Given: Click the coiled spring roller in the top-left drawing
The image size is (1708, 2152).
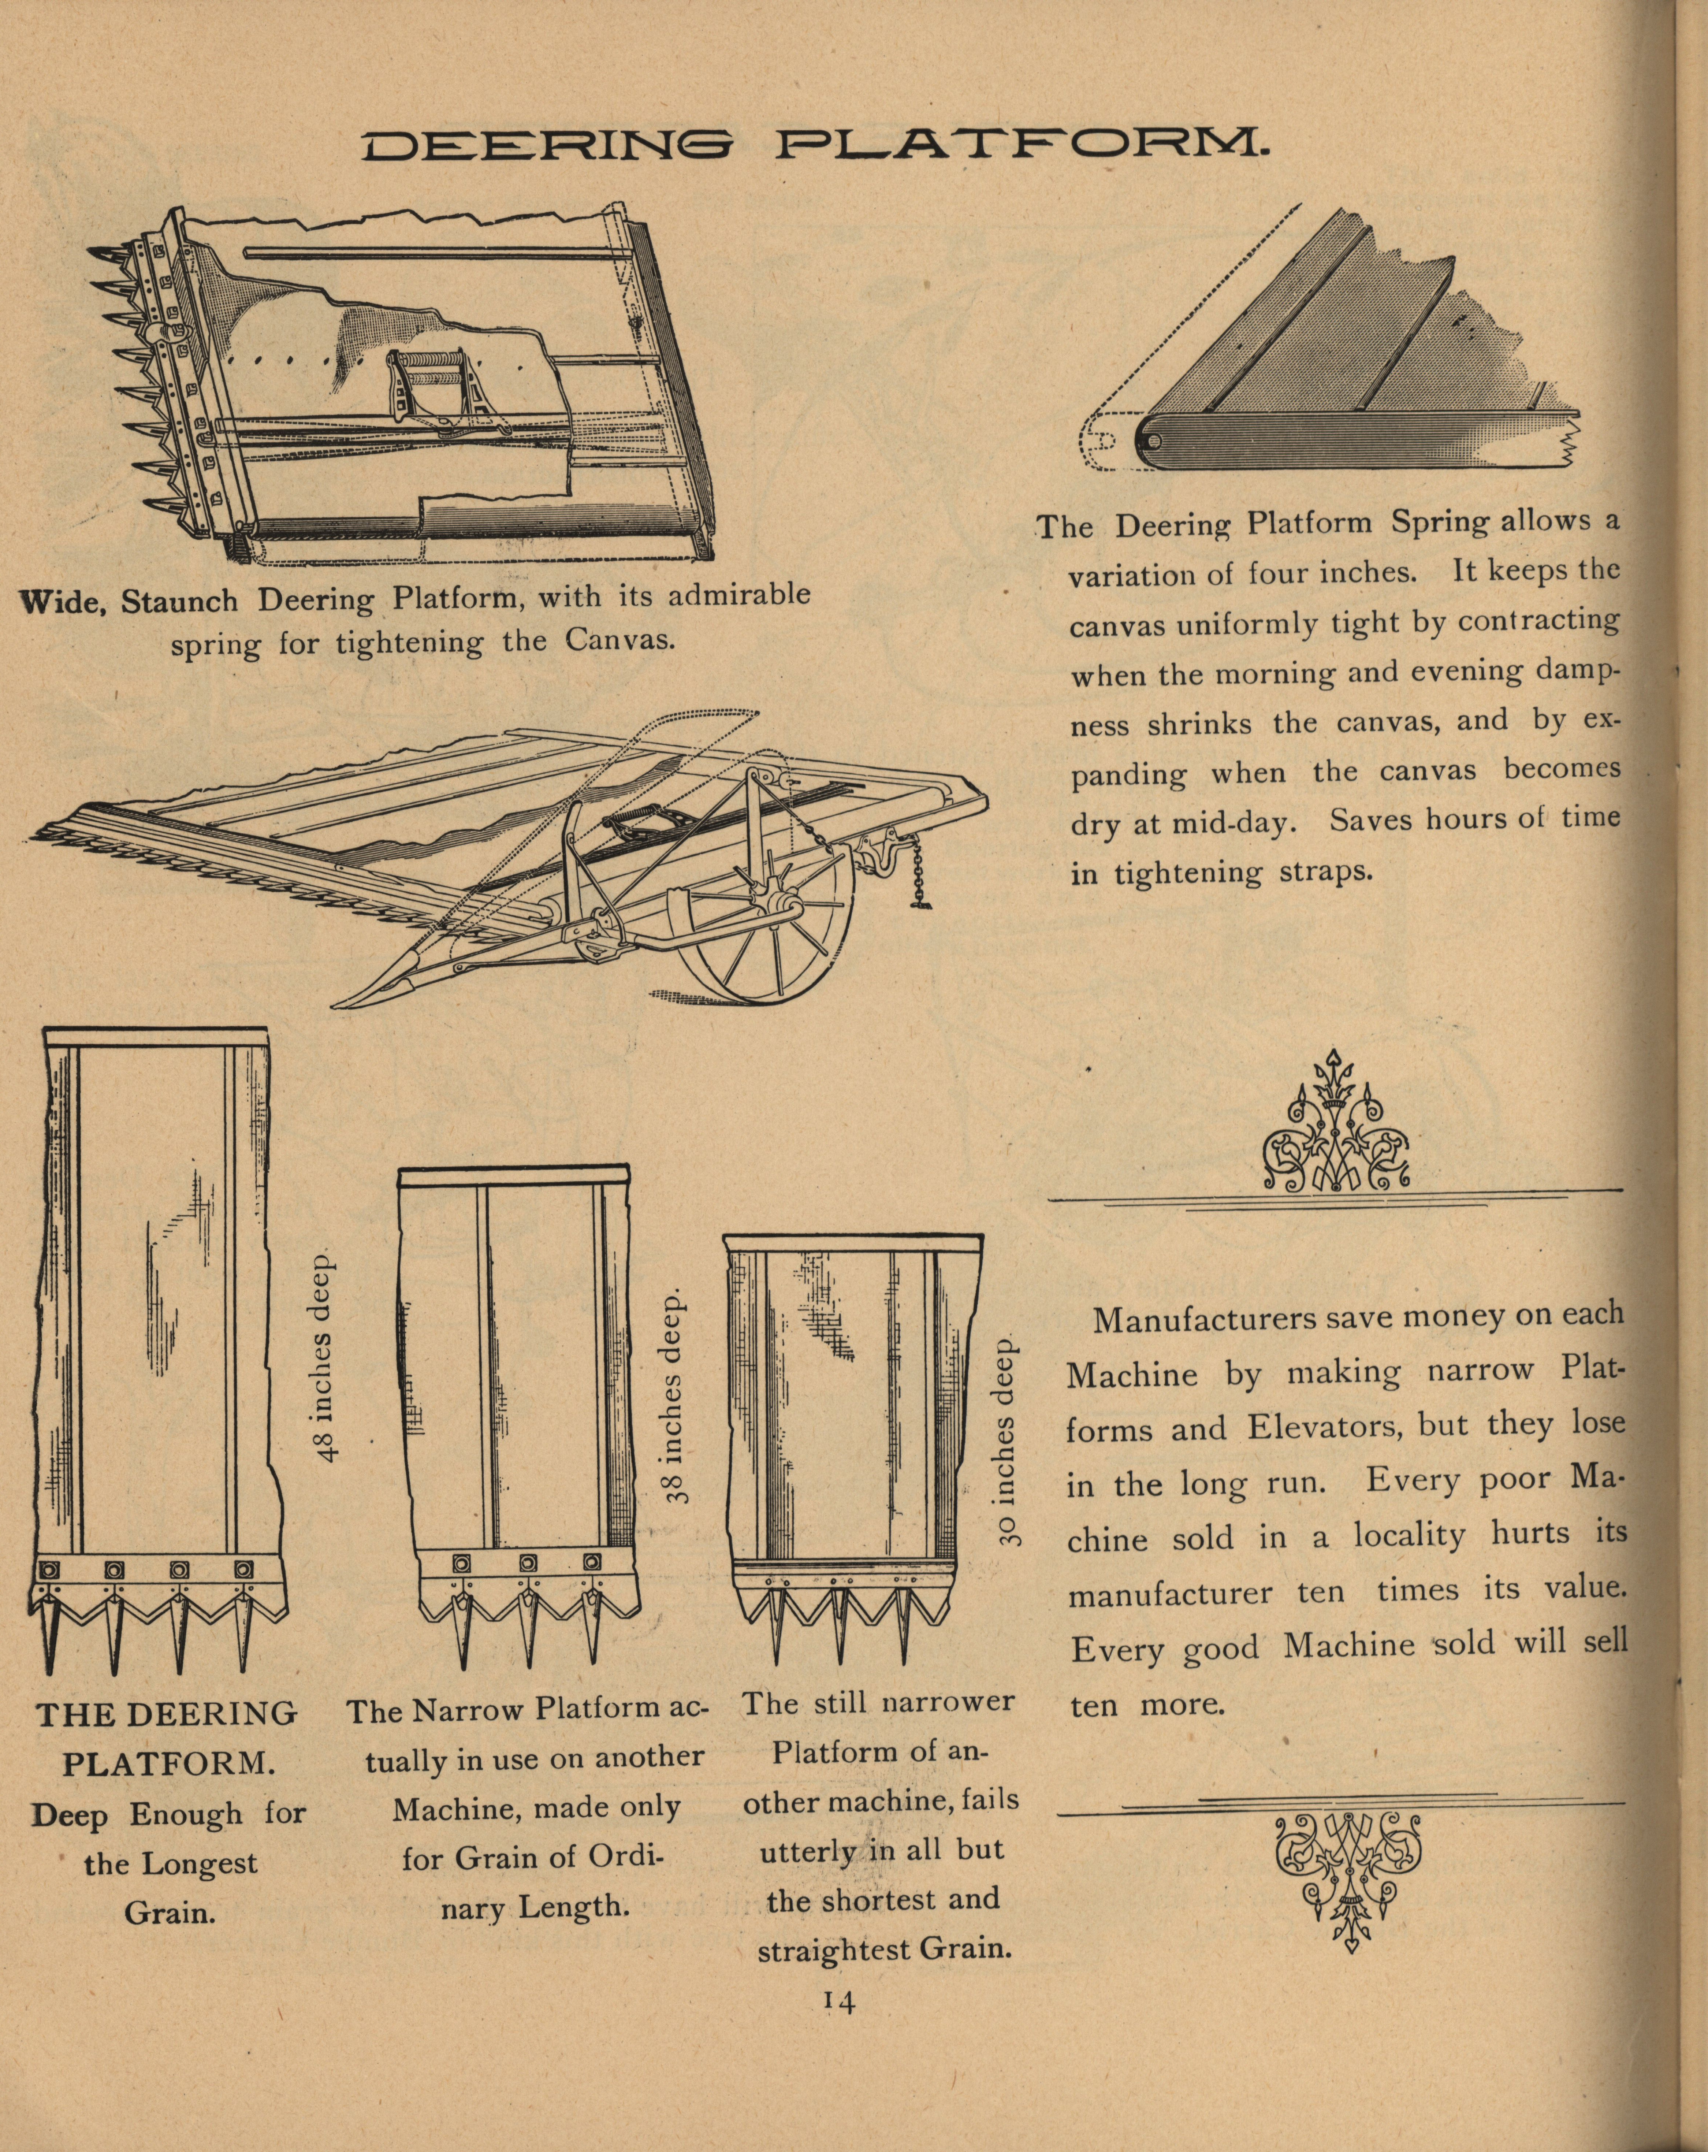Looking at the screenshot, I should tap(439, 383).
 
